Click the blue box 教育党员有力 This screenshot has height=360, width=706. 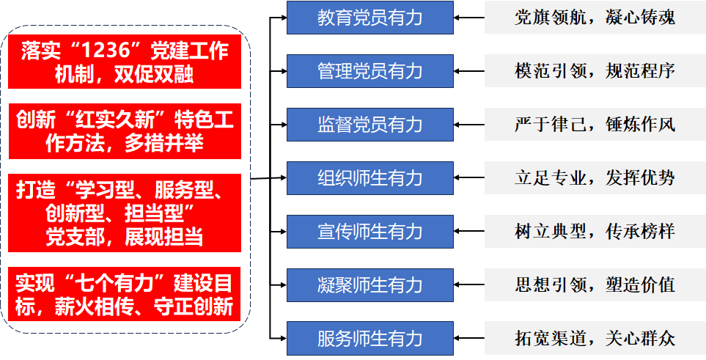pyautogui.click(x=369, y=18)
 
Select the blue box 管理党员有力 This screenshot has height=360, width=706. pyautogui.click(x=369, y=71)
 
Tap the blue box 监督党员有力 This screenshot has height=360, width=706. pyautogui.click(x=369, y=125)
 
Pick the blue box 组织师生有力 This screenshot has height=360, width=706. pyautogui.click(x=369, y=178)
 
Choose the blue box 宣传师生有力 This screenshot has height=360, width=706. pyautogui.click(x=369, y=232)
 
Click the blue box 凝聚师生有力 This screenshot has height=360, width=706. pyautogui.click(x=369, y=285)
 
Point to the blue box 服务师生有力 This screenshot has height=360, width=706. pyautogui.click(x=369, y=339)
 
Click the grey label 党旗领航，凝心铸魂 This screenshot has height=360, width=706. pyautogui.click(x=595, y=18)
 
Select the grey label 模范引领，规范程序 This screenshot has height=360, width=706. pyautogui.click(x=595, y=71)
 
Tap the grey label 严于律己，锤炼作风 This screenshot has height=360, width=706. pyautogui.click(x=595, y=125)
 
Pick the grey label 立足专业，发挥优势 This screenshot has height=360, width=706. pyautogui.click(x=595, y=178)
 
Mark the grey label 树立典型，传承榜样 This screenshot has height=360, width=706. pyautogui.click(x=595, y=232)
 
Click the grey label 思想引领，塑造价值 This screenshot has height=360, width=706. pyautogui.click(x=595, y=285)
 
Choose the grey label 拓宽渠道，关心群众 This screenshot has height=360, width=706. pyautogui.click(x=595, y=339)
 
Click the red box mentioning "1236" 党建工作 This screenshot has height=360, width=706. pyautogui.click(x=125, y=62)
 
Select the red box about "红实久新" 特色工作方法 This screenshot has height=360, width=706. pyautogui.click(x=125, y=131)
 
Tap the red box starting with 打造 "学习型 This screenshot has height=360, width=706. pyautogui.click(x=125, y=212)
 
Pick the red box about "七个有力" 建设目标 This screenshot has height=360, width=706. pyautogui.click(x=125, y=294)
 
